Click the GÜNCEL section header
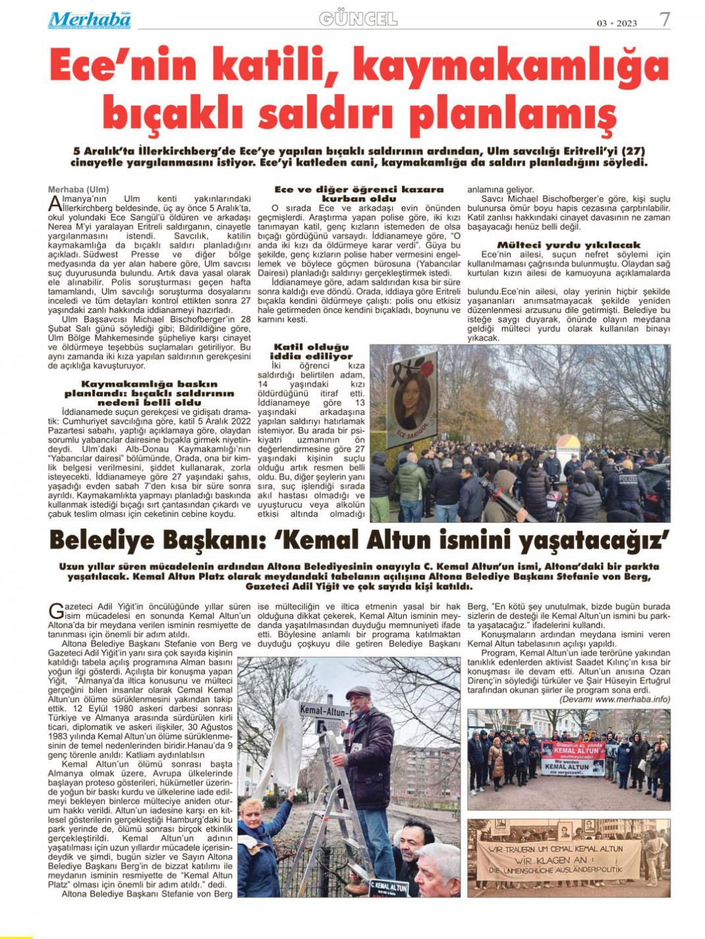[x=358, y=19]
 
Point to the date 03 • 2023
[x=617, y=23]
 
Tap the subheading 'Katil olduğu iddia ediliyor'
[x=312, y=351]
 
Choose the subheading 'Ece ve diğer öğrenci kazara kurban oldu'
[x=358, y=194]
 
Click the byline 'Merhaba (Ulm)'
[x=78, y=190]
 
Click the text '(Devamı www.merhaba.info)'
[x=615, y=699]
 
